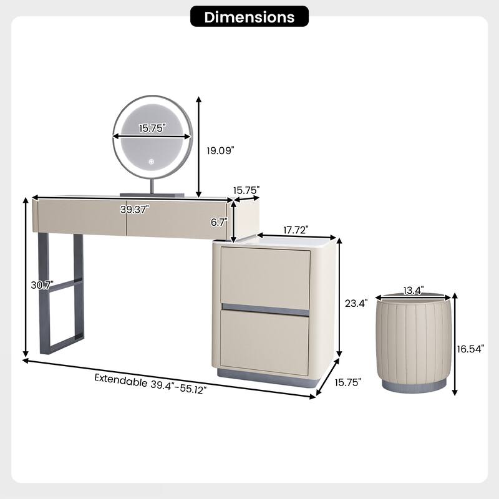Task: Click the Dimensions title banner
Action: pyautogui.click(x=249, y=17)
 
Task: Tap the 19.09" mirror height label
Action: pyautogui.click(x=220, y=150)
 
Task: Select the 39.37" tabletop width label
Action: pyautogui.click(x=135, y=210)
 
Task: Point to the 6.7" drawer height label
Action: pyautogui.click(x=219, y=222)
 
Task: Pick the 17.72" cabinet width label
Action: pyautogui.click(x=296, y=230)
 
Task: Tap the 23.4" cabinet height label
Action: pyautogui.click(x=356, y=303)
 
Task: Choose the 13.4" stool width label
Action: pyautogui.click(x=414, y=290)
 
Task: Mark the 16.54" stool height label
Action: pyautogui.click(x=470, y=349)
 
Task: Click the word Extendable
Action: pyautogui.click(x=121, y=380)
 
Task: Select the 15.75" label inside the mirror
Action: pyautogui.click(x=152, y=128)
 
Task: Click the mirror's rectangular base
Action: pyautogui.click(x=152, y=195)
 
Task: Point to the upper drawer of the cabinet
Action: pyautogui.click(x=265, y=278)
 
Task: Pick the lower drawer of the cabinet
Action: pyautogui.click(x=264, y=342)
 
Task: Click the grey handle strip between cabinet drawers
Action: pyautogui.click(x=266, y=309)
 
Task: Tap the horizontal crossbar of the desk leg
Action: pyautogui.click(x=65, y=285)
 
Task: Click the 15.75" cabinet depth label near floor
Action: pyautogui.click(x=348, y=382)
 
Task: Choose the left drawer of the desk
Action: pyautogui.click(x=82, y=217)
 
